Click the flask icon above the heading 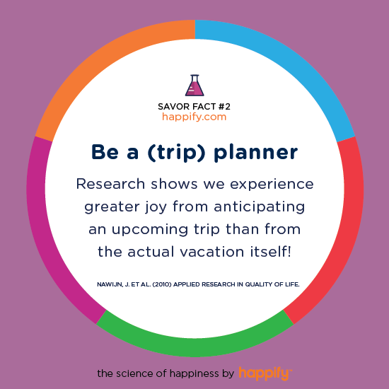click(x=194, y=85)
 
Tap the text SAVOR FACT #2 click(x=194, y=107)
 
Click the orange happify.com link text click(x=194, y=117)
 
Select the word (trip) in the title click(x=177, y=152)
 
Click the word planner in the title click(x=256, y=152)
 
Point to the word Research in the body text click(x=110, y=184)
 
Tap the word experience click(x=272, y=185)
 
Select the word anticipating click(x=260, y=207)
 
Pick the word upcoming click(x=150, y=230)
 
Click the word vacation click(x=211, y=252)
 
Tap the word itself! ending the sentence click(x=270, y=252)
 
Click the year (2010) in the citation click(x=162, y=284)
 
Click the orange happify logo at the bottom click(x=265, y=373)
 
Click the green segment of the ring click(x=195, y=347)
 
